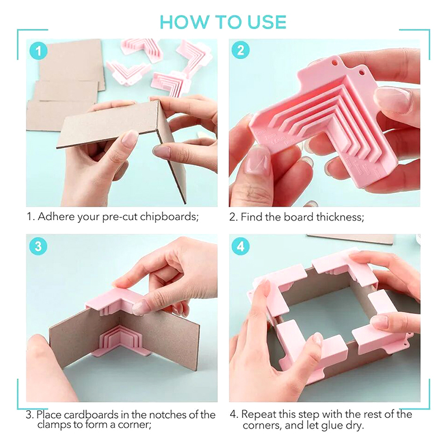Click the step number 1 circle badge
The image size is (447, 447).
tap(39, 51)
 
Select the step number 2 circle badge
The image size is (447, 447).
tap(241, 50)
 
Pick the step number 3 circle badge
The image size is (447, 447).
tap(39, 246)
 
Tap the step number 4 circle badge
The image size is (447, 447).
tap(241, 246)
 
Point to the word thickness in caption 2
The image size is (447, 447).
tap(340, 217)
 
